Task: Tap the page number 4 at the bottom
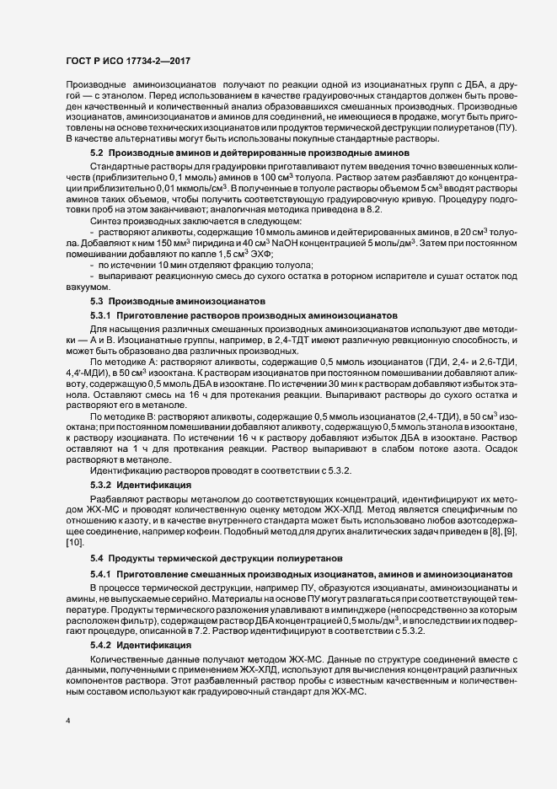tap(68, 722)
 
